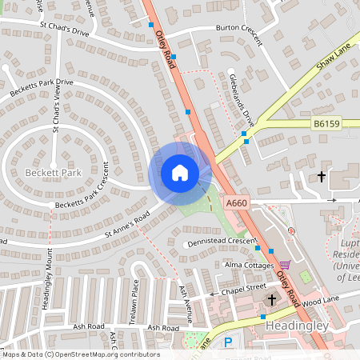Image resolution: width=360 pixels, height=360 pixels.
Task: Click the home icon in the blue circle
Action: tap(180, 173)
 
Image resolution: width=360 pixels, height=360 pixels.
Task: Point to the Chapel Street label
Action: tap(244, 286)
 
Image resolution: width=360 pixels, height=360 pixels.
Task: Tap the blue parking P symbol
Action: tap(228, 342)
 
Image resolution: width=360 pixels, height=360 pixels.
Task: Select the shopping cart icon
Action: tap(285, 265)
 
